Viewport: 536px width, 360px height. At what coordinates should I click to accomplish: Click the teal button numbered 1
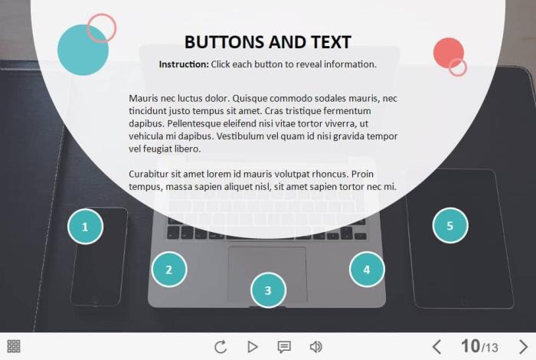pos(85,226)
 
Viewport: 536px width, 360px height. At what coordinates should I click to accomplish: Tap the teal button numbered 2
pos(169,270)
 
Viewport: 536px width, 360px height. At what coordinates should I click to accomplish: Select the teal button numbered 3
pos(268,290)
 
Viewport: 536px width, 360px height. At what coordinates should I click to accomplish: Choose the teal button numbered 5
pos(450,226)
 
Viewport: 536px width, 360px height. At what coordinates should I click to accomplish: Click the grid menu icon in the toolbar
pos(14,346)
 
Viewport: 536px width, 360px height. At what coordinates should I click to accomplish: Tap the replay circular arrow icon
pos(221,347)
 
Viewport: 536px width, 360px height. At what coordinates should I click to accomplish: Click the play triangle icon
pos(253,347)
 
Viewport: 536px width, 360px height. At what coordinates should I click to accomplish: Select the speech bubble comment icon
pos(284,347)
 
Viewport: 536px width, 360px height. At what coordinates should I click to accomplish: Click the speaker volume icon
pos(315,347)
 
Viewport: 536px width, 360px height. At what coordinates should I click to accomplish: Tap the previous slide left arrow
pos(436,347)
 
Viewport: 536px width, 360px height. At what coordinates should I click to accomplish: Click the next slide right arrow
pos(523,347)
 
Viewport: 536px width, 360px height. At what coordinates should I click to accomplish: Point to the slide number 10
pos(470,346)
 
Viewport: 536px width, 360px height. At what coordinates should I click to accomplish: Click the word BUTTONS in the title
pos(225,42)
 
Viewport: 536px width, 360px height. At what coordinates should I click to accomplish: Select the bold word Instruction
pos(184,64)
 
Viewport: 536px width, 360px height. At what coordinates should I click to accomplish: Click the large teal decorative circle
pos(83,50)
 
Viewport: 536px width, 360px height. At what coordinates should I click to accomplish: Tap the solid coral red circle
pos(449,53)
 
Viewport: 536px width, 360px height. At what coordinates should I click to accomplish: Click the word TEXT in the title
pos(332,42)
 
